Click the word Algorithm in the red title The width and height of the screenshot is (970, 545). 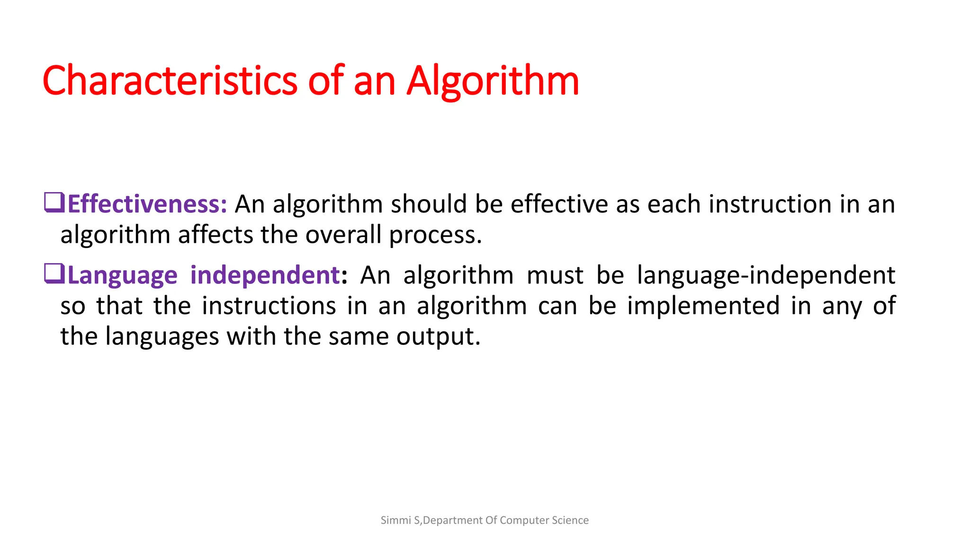(493, 81)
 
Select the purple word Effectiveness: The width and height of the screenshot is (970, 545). (147, 204)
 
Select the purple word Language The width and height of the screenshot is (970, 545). (122, 275)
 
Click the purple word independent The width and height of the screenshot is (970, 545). (265, 275)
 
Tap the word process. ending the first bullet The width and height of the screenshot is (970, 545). (435, 236)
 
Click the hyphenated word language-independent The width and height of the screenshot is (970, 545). (766, 275)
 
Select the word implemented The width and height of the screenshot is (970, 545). (703, 306)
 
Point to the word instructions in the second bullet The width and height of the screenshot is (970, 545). (269, 306)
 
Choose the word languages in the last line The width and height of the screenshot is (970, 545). (162, 337)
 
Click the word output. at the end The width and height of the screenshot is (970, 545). (438, 337)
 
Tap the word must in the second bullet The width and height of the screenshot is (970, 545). (555, 276)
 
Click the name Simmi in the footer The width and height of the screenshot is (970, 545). (396, 520)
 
